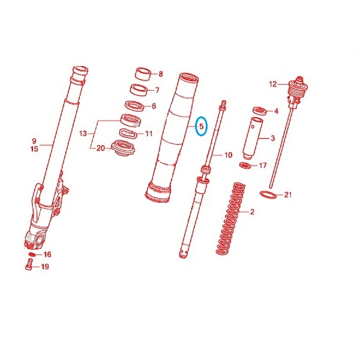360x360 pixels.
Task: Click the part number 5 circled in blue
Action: click(x=202, y=126)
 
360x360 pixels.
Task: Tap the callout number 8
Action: click(x=160, y=74)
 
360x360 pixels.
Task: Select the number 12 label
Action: click(x=273, y=84)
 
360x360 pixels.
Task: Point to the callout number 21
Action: click(x=287, y=195)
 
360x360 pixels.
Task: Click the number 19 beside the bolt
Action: click(x=45, y=266)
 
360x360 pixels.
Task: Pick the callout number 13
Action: click(x=83, y=133)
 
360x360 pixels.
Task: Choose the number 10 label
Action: click(x=228, y=155)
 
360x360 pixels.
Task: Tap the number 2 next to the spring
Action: click(x=252, y=211)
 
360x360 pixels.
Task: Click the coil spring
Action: click(x=230, y=218)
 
